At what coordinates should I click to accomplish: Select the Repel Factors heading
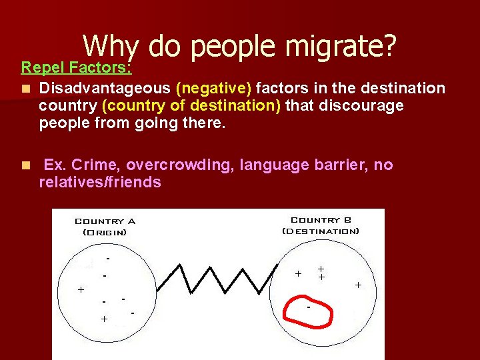pos(76,67)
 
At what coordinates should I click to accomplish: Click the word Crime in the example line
pos(96,165)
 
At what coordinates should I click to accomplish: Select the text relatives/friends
pos(100,182)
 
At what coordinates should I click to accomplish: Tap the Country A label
pos(105,221)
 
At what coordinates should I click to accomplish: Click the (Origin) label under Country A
pos(105,232)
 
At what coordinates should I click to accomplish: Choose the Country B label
pos(321,220)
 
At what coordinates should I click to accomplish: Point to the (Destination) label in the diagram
pos(321,231)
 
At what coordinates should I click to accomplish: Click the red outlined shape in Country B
pos(309,311)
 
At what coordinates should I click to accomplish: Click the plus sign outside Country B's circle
pos(358,285)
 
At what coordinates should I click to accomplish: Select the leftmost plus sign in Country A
pos(81,290)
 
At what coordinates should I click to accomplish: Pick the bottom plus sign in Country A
pos(104,319)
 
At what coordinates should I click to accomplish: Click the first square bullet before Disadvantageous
pos(25,89)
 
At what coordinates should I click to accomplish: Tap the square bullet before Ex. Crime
pos(25,165)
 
